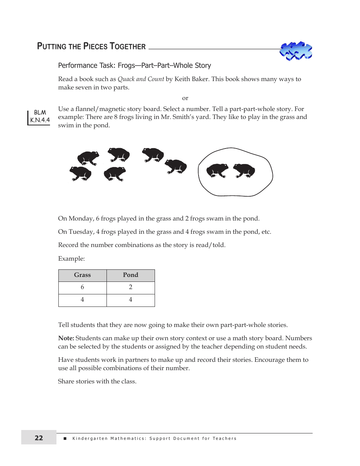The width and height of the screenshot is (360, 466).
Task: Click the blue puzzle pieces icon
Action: pyautogui.click(x=296, y=51)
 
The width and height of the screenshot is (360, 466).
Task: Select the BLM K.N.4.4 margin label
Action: pyautogui.click(x=40, y=117)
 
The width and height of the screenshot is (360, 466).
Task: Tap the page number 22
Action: pyautogui.click(x=39, y=438)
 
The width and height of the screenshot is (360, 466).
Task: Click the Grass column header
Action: pyautogui.click(x=82, y=275)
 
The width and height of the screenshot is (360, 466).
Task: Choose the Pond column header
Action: pyautogui.click(x=130, y=275)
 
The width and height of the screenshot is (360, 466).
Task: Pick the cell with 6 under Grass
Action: pyautogui.click(x=82, y=288)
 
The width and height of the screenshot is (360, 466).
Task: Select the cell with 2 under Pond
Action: pyautogui.click(x=130, y=288)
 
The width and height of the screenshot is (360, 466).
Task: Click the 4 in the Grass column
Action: pyautogui.click(x=82, y=300)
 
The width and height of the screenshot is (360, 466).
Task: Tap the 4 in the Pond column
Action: pyautogui.click(x=130, y=300)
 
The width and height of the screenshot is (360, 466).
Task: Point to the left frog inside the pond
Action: pyautogui.click(x=217, y=170)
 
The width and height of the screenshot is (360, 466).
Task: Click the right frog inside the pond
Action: pyautogui.click(x=244, y=170)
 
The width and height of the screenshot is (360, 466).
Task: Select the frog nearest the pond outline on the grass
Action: pyautogui.click(x=176, y=166)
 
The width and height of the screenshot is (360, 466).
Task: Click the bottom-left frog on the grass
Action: pyautogui.click(x=80, y=174)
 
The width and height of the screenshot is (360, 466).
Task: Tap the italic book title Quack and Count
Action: pyautogui.click(x=141, y=79)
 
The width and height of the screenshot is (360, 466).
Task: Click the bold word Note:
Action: pyautogui.click(x=66, y=338)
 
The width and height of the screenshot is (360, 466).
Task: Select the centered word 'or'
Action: pyautogui.click(x=185, y=98)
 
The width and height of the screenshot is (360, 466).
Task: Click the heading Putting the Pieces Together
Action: pyautogui.click(x=91, y=47)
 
